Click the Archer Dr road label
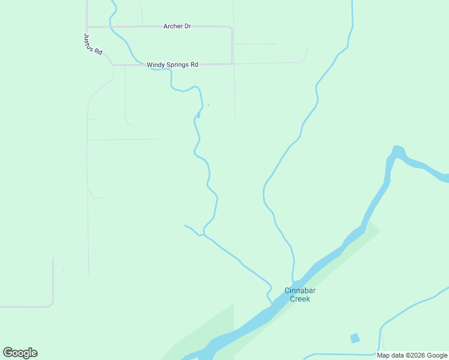pos(176,26)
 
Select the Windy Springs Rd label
pos(172,64)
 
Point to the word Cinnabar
pos(300,291)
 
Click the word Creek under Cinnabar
pos(300,299)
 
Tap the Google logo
pos(20,353)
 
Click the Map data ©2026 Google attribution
pos(412,355)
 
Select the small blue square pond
pos(355,338)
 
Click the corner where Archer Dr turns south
pos(232,28)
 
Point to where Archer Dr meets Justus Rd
pos(88,27)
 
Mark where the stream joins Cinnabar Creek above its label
pos(292,282)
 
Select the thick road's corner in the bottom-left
pos(52,305)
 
